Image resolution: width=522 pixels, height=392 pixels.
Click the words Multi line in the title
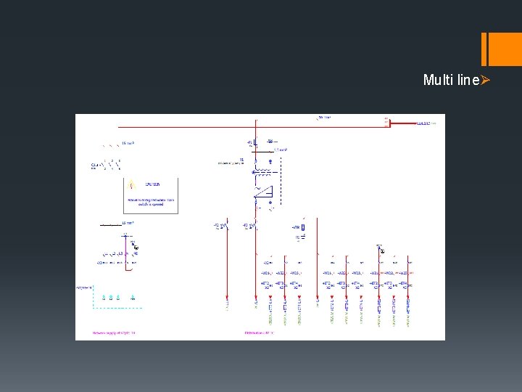click(x=450, y=80)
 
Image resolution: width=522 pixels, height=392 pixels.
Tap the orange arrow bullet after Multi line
click(x=486, y=80)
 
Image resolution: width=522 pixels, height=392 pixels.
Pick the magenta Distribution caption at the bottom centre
click(x=259, y=333)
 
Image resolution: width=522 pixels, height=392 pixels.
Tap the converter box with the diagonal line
click(x=262, y=192)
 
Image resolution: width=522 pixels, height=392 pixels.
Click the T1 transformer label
click(x=241, y=159)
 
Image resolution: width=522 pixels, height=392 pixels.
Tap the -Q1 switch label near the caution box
click(x=95, y=166)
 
